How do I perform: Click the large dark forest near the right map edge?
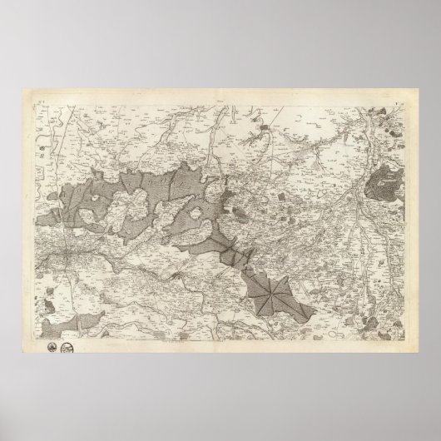[x=386, y=181]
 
